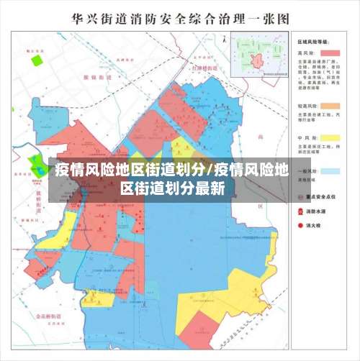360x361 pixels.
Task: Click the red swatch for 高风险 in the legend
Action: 330,53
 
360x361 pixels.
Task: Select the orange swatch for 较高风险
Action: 330,107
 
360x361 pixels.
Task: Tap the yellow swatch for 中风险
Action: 330,137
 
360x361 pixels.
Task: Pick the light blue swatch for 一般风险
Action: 330,171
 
